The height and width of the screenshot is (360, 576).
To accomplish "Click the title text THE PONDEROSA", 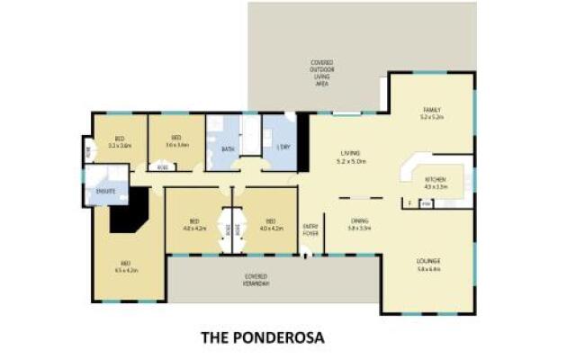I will click(x=260, y=339).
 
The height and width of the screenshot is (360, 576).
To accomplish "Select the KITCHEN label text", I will click(x=436, y=182).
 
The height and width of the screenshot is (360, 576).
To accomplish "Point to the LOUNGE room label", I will click(x=428, y=264).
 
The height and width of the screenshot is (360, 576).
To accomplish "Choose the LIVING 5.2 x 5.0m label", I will click(x=350, y=157).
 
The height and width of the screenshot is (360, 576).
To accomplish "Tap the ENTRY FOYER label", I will click(x=310, y=229).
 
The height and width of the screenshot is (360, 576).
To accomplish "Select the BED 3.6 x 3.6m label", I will click(x=176, y=142).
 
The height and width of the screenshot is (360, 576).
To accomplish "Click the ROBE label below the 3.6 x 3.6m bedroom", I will click(x=162, y=166).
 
